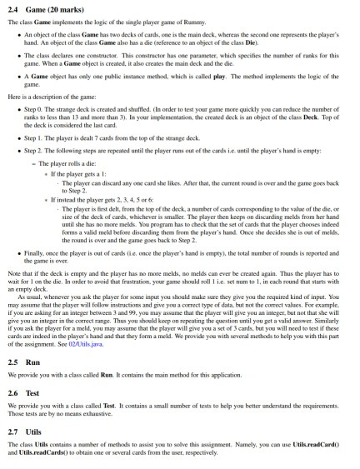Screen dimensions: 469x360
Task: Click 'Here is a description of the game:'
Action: pos(62,96)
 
